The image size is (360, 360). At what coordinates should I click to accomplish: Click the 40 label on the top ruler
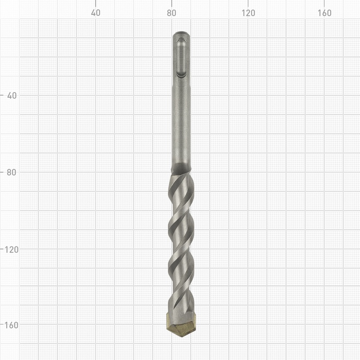(95, 13)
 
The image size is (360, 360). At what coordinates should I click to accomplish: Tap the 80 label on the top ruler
(171, 13)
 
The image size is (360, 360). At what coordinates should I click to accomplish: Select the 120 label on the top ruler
(248, 13)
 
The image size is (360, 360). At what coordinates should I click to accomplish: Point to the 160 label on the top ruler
(324, 13)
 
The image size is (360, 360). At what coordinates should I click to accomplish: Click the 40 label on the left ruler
(11, 95)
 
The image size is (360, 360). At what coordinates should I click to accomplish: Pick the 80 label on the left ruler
(11, 172)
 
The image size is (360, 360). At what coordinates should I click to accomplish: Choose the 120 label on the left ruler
(11, 248)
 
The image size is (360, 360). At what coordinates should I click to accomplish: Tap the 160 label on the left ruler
(11, 324)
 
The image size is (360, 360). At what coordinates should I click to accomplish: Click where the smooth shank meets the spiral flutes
(182, 167)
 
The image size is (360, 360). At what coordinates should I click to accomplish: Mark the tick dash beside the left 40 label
(2, 95)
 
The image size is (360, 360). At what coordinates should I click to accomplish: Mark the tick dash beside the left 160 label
(2, 324)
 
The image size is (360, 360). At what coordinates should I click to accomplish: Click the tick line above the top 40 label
(95, 4)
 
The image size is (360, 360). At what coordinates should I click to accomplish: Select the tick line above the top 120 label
(248, 4)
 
